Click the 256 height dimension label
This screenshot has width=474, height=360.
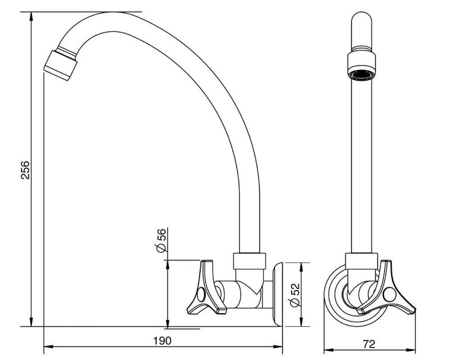(25, 170)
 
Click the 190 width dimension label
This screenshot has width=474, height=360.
(162, 340)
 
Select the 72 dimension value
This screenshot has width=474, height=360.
(369, 344)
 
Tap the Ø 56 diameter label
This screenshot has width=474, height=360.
(161, 240)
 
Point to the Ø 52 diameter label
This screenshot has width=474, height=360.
(294, 295)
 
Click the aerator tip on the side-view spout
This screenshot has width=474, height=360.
(60, 65)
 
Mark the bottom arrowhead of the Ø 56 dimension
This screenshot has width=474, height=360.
(167, 323)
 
